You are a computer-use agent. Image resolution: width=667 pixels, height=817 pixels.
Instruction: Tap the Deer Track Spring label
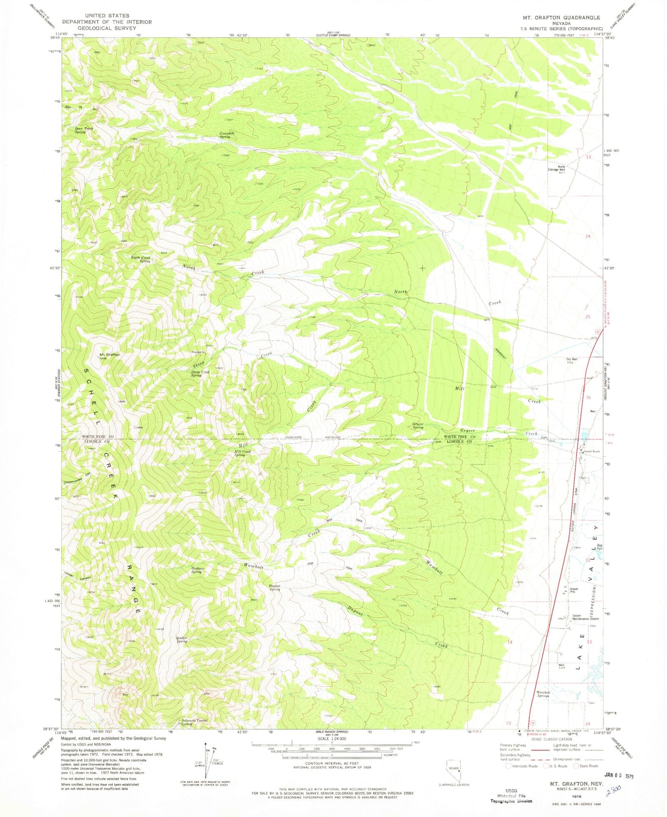(x=84, y=130)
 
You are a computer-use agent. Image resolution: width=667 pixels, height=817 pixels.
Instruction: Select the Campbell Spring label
(x=227, y=135)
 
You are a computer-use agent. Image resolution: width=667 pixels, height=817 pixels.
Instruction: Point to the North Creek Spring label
(x=141, y=259)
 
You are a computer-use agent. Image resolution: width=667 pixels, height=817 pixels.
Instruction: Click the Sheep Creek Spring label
(x=200, y=374)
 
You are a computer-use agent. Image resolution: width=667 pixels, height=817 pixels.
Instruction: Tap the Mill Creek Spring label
(x=242, y=453)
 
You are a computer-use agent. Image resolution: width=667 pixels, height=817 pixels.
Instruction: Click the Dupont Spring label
(x=274, y=587)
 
